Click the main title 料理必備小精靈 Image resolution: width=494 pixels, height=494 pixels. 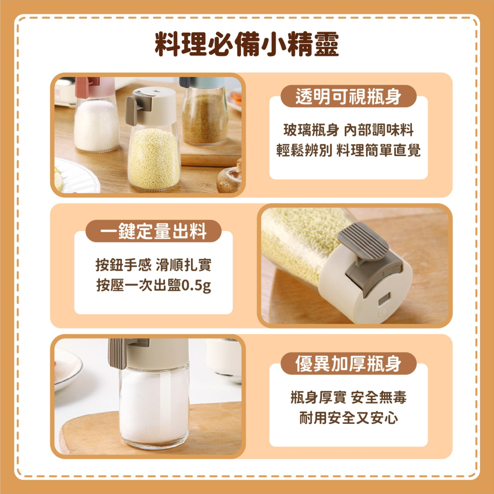pos(247,44)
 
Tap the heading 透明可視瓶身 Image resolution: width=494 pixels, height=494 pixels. pos(348,96)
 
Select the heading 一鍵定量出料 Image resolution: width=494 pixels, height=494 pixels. pos(154,231)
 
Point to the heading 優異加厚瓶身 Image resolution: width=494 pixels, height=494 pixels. pos(348,364)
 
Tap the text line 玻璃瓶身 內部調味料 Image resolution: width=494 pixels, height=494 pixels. pos(348,130)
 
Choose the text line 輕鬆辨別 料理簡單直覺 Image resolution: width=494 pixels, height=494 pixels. pos(348,150)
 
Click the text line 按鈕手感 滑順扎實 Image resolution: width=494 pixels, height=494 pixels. pos(154,265)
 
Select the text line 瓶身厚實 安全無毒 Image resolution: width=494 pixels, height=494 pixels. pos(348,397)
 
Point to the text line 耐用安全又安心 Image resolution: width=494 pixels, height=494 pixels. pos(348,418)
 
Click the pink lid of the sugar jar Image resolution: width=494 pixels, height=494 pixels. pos(95,87)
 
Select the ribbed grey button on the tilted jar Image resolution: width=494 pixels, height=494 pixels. pos(363,242)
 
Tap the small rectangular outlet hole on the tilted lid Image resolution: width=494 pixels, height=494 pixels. pos(384,298)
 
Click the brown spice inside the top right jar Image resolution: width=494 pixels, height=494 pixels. pos(205,119)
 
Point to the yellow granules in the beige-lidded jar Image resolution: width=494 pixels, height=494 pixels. pos(154,159)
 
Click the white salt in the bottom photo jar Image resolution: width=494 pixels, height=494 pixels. pos(154,407)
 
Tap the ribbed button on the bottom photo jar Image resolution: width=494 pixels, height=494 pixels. pos(117,354)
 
